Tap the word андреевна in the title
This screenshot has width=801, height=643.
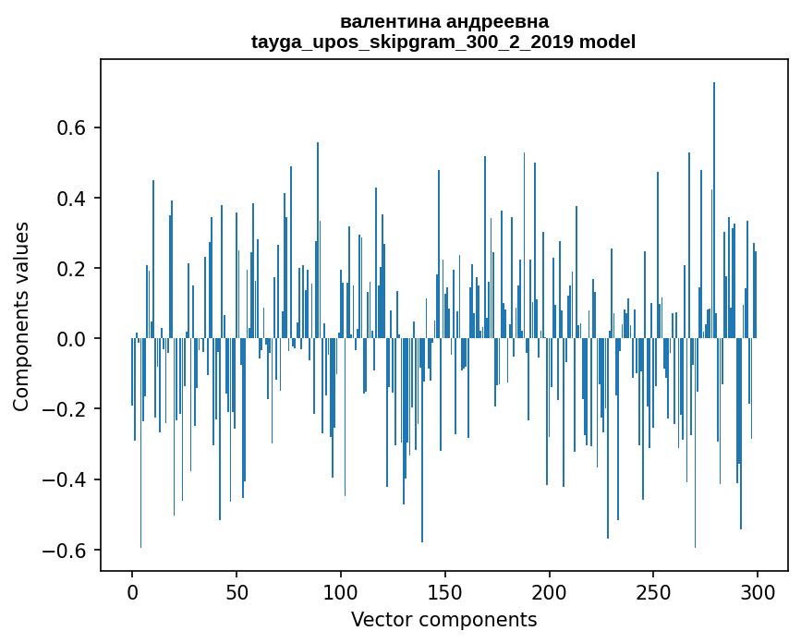[x=496, y=21]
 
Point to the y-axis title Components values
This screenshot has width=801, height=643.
[x=21, y=316]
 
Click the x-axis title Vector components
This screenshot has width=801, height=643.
[x=443, y=619]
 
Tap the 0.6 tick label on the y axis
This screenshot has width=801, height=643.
[x=71, y=127]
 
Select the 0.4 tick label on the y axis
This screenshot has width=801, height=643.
[x=71, y=199]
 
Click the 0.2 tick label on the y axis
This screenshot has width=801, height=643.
[x=71, y=269]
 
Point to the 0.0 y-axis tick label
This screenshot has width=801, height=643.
[x=71, y=339]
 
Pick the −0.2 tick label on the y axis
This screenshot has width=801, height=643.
[x=64, y=409]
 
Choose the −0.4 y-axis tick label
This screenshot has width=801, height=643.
[x=64, y=479]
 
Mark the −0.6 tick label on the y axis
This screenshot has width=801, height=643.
[x=64, y=551]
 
